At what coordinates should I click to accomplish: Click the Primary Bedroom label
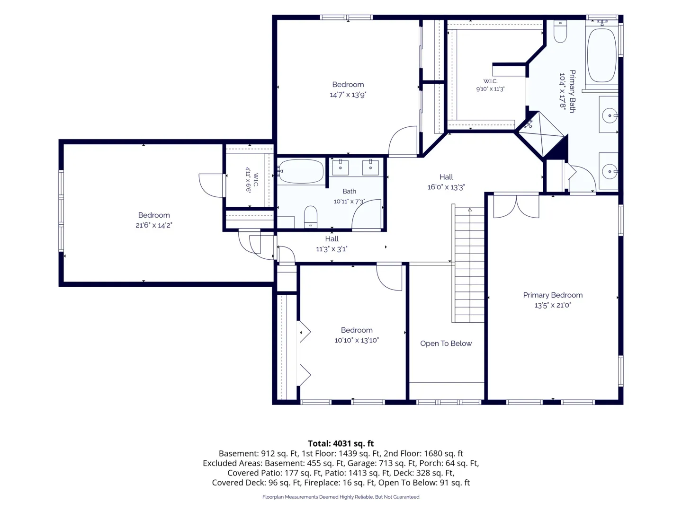pyautogui.click(x=552, y=295)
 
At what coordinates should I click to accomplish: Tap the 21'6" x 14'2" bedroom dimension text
pyautogui.click(x=154, y=225)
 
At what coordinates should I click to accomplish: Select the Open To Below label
pyautogui.click(x=446, y=343)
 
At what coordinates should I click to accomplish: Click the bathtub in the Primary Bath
pyautogui.click(x=601, y=55)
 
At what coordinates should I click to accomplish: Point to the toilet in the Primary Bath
pyautogui.click(x=560, y=31)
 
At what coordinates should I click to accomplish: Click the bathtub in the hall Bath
pyautogui.click(x=301, y=171)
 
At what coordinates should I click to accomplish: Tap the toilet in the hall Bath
pyautogui.click(x=310, y=217)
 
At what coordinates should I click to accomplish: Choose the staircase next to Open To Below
pyautogui.click(x=468, y=265)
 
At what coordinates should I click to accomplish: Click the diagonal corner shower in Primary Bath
pyautogui.click(x=541, y=134)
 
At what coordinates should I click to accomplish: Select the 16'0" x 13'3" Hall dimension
pyautogui.click(x=446, y=187)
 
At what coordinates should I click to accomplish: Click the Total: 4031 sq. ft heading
pyautogui.click(x=341, y=443)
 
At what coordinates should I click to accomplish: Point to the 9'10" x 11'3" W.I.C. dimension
pyautogui.click(x=490, y=89)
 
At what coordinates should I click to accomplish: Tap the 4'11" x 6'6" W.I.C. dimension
pyautogui.click(x=248, y=180)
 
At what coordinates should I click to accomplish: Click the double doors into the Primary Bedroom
pyautogui.click(x=516, y=206)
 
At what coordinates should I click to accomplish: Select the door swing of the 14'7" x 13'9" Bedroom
pyautogui.click(x=403, y=141)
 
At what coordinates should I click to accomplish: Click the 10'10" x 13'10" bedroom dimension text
pyautogui.click(x=356, y=340)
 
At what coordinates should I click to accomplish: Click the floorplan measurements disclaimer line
pyautogui.click(x=341, y=497)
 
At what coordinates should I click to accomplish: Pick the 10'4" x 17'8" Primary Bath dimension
pyautogui.click(x=562, y=90)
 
